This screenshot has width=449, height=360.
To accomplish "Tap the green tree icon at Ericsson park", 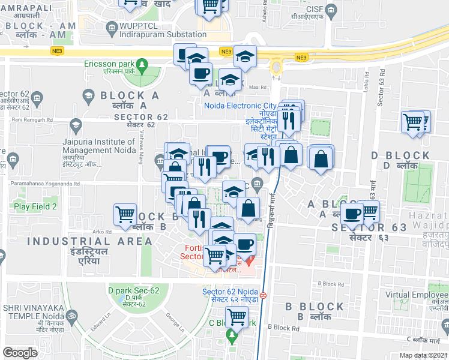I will (x=142, y=64).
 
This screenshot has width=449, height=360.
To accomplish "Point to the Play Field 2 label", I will (x=35, y=206).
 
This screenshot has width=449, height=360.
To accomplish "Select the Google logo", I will (x=20, y=353).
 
